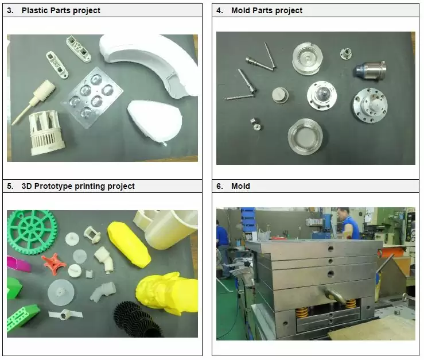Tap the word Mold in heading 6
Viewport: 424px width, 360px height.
click(240, 186)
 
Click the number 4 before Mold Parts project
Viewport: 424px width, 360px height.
click(219, 10)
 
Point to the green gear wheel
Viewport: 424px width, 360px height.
click(32, 232)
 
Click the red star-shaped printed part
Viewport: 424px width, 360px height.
click(53, 263)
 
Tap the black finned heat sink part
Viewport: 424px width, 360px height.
click(138, 319)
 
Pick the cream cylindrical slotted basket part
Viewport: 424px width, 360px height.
click(46, 133)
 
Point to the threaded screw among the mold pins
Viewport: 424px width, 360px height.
click(239, 97)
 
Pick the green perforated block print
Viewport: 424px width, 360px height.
click(23, 318)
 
